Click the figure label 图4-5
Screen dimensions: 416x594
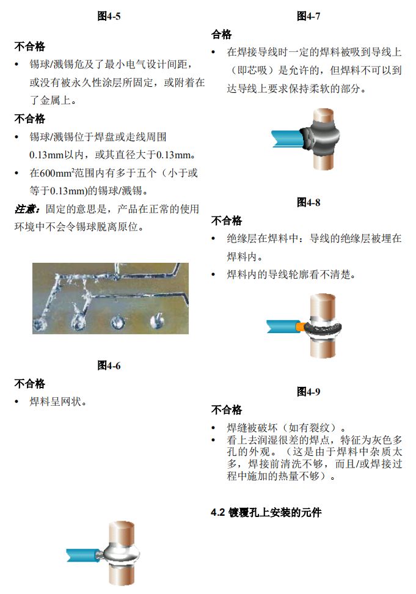pos(109,16)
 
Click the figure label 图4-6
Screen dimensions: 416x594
pos(109,365)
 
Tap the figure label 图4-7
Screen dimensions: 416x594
pos(308,16)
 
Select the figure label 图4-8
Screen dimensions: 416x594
pos(308,202)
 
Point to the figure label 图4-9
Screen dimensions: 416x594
pos(308,391)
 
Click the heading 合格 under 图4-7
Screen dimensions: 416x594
pos(221,34)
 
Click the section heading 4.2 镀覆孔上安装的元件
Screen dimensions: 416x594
pos(266,513)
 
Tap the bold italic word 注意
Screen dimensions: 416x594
pos(26,209)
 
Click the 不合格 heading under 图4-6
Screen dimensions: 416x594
pos(29,383)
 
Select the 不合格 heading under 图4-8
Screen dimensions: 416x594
pos(227,221)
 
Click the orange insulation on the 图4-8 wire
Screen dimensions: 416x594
pos(301,326)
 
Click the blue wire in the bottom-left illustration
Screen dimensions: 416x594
pos(82,555)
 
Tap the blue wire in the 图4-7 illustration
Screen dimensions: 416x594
pos(288,138)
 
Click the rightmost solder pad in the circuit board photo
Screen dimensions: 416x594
pos(157,320)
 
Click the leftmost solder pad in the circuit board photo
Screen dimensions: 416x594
pos(39,323)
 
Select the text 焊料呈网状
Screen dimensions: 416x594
pos(55,402)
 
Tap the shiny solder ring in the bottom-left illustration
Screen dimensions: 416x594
pos(119,555)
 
